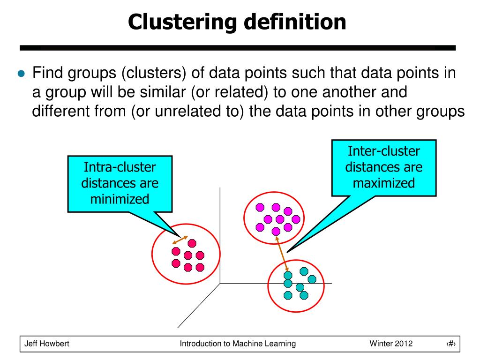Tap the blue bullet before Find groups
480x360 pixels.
[20, 74]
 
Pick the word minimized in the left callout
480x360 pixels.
[120, 199]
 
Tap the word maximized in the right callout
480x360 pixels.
[384, 182]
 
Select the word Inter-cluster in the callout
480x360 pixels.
[384, 151]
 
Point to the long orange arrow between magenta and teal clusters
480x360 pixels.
[282, 253]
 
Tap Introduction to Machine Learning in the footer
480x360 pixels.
[238, 344]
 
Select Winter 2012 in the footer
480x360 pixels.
[391, 344]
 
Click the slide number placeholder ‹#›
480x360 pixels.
[451, 344]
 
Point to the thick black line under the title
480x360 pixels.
[237, 48]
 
